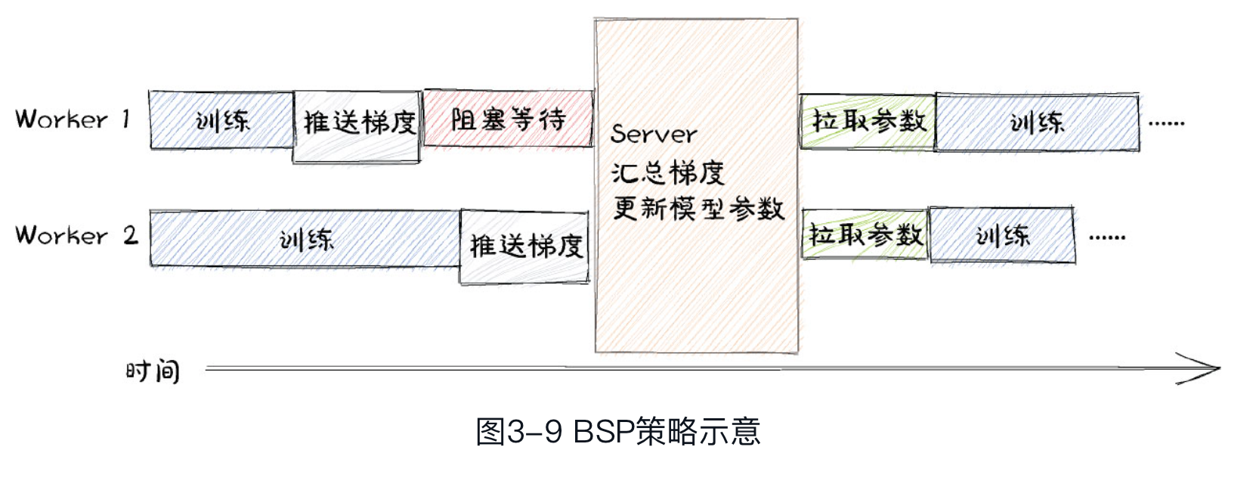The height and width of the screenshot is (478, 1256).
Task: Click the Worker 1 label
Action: pos(73,119)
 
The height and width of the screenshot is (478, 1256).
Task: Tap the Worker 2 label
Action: pos(76,235)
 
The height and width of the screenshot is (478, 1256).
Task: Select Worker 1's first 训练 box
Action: pos(221,120)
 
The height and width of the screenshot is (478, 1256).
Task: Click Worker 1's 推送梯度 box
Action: pos(357,126)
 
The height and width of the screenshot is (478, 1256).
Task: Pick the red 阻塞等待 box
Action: pos(508,119)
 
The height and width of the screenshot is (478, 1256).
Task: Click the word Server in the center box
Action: pos(654,135)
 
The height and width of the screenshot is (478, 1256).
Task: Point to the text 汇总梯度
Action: pos(667,172)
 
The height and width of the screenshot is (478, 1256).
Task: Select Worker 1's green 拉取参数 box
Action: pos(868,121)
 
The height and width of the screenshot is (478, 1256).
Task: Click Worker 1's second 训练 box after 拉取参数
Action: pos(1037,123)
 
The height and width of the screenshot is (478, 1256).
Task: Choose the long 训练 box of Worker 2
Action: pos(305,239)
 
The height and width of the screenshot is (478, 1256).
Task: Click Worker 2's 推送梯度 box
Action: pos(524,247)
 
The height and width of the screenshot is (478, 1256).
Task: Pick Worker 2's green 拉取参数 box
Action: pos(865,235)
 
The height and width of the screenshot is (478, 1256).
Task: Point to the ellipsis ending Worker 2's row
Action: pos(1107,237)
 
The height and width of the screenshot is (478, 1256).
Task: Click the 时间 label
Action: pos(153,371)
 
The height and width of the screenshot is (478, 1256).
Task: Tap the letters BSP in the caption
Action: pos(603,432)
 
